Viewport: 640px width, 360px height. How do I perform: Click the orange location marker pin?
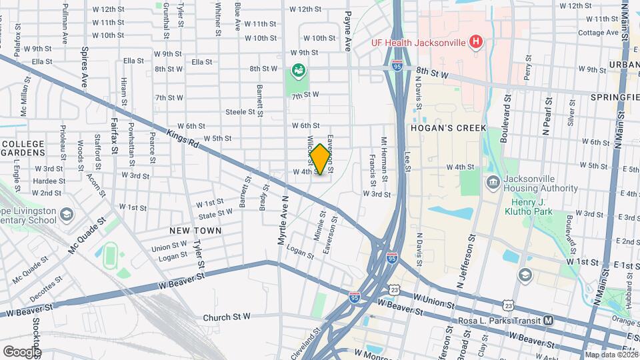[321, 159]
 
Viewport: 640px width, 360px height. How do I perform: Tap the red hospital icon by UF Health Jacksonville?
[475, 43]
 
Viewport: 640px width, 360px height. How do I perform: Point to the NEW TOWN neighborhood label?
[195, 230]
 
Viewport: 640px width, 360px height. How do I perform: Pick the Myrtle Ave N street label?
[281, 221]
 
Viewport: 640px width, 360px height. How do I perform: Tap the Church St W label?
[227, 317]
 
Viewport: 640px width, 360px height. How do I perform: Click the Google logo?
[21, 351]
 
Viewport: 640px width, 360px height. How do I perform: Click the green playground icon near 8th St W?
[298, 69]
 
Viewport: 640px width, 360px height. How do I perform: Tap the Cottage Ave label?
[599, 33]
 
